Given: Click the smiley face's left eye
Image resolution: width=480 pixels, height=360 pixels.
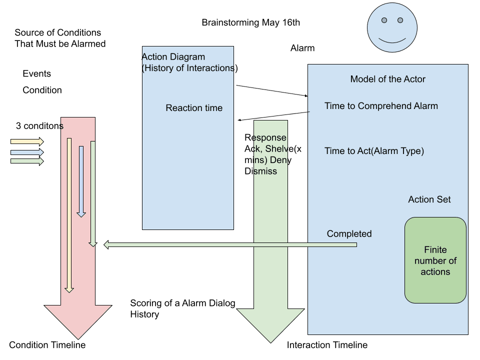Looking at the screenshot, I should coord(384,20).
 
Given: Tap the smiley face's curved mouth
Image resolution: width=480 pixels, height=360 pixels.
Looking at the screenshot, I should coord(392,39).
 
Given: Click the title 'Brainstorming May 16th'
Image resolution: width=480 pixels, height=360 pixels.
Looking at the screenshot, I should coord(250,23).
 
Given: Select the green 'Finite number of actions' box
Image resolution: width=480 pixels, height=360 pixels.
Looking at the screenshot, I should coord(435,260).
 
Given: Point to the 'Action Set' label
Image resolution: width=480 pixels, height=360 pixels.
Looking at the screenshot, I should coord(429,199).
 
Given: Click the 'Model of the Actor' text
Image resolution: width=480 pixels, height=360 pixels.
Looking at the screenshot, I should coord(387,79).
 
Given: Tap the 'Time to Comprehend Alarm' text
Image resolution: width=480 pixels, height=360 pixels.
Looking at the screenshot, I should coord(381,106).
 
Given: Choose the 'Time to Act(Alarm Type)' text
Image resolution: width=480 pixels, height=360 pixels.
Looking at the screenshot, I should coord(374,151).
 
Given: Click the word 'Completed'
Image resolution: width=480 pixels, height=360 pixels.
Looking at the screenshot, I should coord(349,234).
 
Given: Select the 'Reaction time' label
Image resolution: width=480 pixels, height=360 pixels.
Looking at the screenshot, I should coord(194,108).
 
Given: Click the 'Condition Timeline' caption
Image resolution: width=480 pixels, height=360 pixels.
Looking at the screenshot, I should coord(47,345).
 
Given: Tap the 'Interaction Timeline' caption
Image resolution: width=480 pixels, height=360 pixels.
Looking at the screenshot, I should coord(327,345).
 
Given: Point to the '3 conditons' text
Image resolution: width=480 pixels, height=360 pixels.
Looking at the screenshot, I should coord(39,126).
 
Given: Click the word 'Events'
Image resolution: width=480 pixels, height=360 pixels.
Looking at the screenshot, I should coord(36,74).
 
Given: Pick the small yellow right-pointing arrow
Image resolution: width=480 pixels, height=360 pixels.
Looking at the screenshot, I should coord(27,142).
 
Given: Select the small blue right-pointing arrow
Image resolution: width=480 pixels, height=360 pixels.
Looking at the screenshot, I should coord(27,152).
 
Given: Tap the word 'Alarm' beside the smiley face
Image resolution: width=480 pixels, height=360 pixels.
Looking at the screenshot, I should coord(302,48).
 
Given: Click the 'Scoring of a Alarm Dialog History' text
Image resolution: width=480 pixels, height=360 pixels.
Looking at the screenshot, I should coord(182,309).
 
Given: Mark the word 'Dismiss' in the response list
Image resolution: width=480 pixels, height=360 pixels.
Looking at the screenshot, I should coord(260,171).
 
